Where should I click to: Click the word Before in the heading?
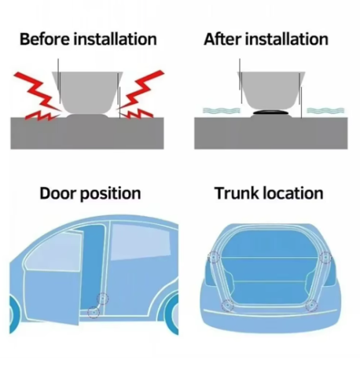click(x=45, y=39)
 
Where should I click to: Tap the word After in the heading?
click(x=222, y=39)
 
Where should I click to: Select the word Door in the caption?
click(x=57, y=193)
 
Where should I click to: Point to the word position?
click(x=110, y=194)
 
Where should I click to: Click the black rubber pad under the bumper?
click(x=270, y=112)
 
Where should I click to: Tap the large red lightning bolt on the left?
click(x=38, y=92)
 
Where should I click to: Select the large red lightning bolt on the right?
click(x=140, y=90)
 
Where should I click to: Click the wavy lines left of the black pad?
click(x=222, y=111)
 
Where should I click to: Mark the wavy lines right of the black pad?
click(x=325, y=111)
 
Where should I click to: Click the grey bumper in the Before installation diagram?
click(x=87, y=92)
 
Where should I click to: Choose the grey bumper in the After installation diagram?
click(x=271, y=91)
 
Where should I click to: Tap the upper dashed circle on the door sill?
click(x=103, y=299)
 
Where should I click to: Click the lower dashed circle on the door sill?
click(x=94, y=312)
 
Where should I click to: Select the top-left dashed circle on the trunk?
click(x=214, y=258)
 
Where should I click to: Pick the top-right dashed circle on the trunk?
click(x=325, y=258)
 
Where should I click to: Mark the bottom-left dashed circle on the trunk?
click(x=228, y=306)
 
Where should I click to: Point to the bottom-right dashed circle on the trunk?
click(x=311, y=306)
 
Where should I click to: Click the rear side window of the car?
click(x=140, y=241)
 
